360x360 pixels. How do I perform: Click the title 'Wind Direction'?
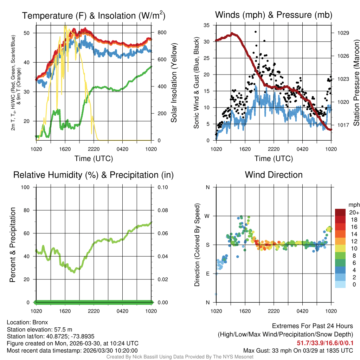(274, 175)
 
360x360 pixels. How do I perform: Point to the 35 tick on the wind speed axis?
(207, 25)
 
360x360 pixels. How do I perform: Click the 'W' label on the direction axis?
(207, 216)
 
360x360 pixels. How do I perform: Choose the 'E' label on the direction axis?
(207, 274)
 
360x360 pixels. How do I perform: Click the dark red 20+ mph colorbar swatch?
(340, 212)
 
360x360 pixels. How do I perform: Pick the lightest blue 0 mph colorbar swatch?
(340, 284)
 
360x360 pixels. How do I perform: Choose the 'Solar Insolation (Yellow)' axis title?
(174, 83)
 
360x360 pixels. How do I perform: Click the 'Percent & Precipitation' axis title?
(12, 245)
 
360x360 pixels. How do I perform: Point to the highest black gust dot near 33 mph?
(256, 32)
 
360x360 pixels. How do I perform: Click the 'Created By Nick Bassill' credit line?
(180, 357)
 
